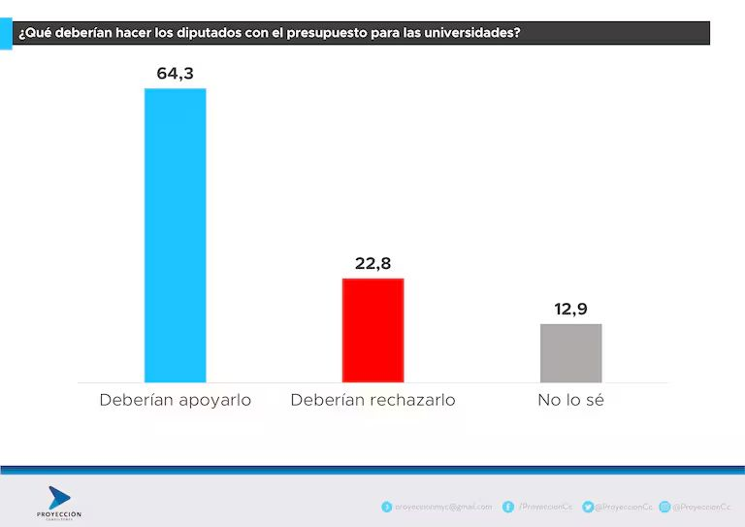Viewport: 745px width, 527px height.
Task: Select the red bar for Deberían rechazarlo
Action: tap(372, 330)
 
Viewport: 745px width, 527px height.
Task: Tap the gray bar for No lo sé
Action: tap(570, 352)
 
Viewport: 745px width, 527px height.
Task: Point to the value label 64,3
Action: tap(176, 73)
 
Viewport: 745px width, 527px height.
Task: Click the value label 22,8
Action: tap(372, 263)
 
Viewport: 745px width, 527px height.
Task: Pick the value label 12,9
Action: tap(570, 309)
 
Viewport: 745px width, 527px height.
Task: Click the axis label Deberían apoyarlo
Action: tap(175, 400)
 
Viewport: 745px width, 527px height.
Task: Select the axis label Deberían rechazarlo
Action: tap(372, 400)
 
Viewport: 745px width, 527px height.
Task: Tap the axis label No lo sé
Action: tap(570, 400)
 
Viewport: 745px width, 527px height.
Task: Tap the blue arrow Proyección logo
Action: tap(58, 498)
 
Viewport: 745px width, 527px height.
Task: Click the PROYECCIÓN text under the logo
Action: tap(58, 513)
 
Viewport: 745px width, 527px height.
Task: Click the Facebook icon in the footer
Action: tap(508, 507)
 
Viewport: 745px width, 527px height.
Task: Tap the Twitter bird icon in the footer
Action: tap(588, 507)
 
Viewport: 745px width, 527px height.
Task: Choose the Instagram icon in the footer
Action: tap(664, 507)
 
